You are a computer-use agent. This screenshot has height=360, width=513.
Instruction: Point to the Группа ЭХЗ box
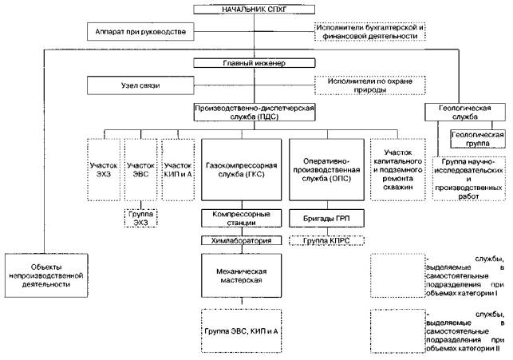coord(141,216)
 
